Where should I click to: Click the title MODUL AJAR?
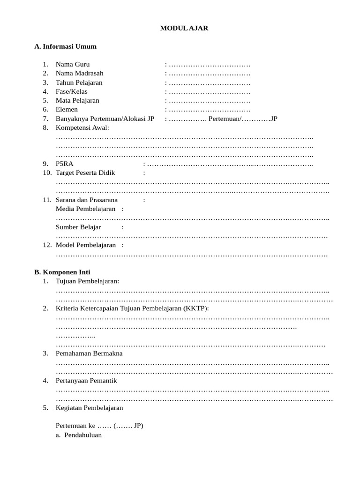point(184,28)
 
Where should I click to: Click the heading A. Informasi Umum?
point(66,46)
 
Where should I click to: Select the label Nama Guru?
point(73,64)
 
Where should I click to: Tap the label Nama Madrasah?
point(79,73)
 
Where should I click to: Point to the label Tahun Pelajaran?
point(79,82)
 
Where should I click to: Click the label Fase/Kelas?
point(71,91)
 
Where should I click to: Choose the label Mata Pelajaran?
point(77,100)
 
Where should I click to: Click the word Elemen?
point(67,109)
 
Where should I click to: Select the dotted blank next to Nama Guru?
point(209,64)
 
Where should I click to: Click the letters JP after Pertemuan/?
point(274,119)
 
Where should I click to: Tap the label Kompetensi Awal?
point(82,127)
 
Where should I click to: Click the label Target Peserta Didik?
point(85,173)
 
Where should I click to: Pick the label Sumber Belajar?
point(78,227)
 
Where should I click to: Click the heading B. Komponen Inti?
point(62,272)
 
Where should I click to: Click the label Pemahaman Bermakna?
point(89,353)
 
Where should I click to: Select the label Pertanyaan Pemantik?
point(86,381)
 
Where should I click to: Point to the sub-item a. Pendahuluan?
point(79,435)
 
